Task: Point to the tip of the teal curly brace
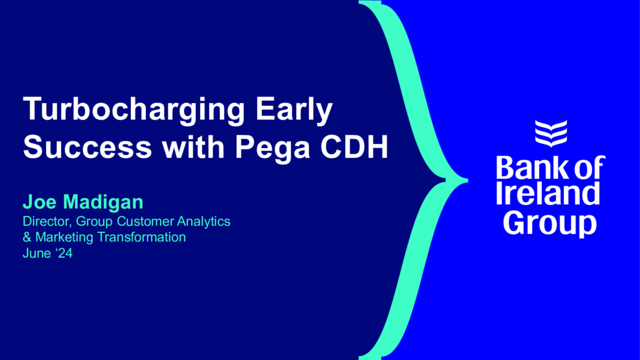pos(465,181)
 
